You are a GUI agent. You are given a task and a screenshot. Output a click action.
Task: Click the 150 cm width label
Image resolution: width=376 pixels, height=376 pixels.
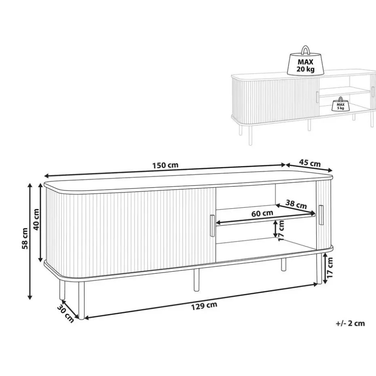pos(165,165)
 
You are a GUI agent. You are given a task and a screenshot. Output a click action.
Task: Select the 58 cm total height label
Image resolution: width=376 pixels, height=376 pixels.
pos(25,239)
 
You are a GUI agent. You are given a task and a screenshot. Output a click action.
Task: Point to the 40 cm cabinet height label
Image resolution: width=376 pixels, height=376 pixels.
pos(36,220)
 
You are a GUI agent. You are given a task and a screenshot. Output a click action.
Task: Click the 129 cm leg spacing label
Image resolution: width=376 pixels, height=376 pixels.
pos(204,306)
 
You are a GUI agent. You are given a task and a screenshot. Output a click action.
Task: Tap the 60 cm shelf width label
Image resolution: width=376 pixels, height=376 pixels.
pos(262,213)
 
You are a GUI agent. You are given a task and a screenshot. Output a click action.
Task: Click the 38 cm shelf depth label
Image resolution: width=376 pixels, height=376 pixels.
pos(296,204)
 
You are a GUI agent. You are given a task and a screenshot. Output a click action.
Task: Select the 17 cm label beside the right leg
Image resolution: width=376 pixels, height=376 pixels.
pos(330,267)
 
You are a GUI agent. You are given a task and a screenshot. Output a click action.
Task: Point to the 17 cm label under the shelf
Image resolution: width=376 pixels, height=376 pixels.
pos(281,231)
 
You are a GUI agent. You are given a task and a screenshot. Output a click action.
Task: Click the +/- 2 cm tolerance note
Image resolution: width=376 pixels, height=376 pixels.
pos(351,323)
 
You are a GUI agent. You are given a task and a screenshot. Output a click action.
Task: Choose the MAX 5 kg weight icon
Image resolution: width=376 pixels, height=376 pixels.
pos(340,104)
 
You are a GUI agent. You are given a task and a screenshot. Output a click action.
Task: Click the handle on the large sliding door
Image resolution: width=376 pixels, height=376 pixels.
pos(212,226)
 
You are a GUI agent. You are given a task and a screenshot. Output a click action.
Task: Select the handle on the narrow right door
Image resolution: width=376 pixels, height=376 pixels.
pos(321,215)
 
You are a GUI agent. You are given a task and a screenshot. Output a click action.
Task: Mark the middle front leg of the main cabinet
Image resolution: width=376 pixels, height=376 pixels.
pos(196,280)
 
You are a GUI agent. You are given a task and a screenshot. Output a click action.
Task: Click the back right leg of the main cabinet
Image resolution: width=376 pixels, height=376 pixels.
pos(283,265)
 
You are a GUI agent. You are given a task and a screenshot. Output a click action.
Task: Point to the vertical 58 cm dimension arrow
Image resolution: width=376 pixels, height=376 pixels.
pos(30,241)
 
